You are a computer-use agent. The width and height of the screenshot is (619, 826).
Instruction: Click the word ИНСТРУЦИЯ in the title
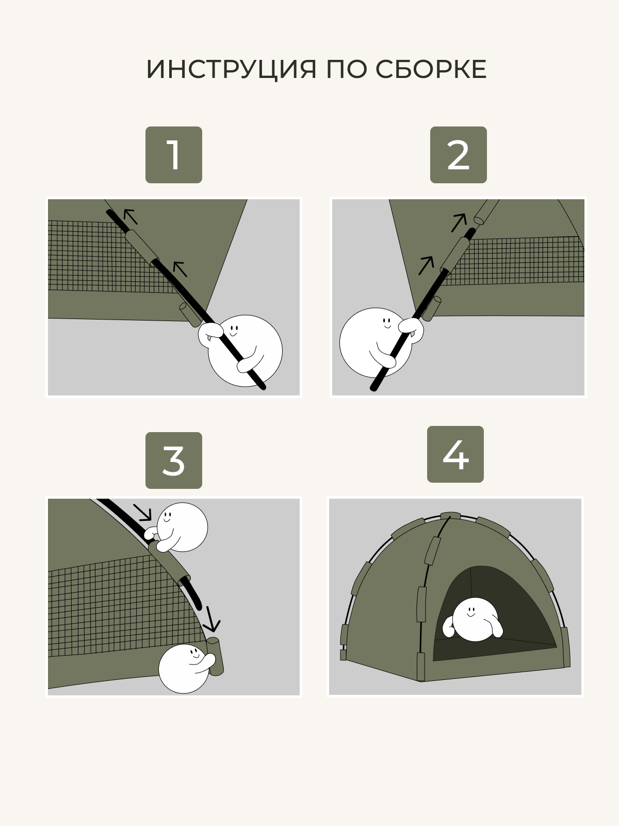pyautogui.click(x=231, y=69)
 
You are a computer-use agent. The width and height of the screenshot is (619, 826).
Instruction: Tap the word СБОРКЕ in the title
pyautogui.click(x=431, y=69)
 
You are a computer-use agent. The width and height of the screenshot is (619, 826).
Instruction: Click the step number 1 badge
pyautogui.click(x=174, y=155)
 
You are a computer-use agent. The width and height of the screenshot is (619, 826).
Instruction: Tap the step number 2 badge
pyautogui.click(x=458, y=155)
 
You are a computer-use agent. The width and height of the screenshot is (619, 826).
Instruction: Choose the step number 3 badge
pyautogui.click(x=174, y=460)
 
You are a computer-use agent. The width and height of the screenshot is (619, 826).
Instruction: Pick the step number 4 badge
pyautogui.click(x=455, y=454)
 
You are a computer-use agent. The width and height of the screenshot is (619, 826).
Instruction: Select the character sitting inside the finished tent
pyautogui.click(x=473, y=620)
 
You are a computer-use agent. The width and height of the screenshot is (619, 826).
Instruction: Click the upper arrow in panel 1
pyautogui.click(x=131, y=216)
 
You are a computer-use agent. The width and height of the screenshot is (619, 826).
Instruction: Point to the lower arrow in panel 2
pyautogui.click(x=426, y=265)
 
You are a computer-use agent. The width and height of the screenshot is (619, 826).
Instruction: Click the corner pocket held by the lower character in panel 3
pyautogui.click(x=215, y=656)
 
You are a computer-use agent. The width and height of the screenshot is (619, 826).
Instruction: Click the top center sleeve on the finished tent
pyautogui.click(x=450, y=516)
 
